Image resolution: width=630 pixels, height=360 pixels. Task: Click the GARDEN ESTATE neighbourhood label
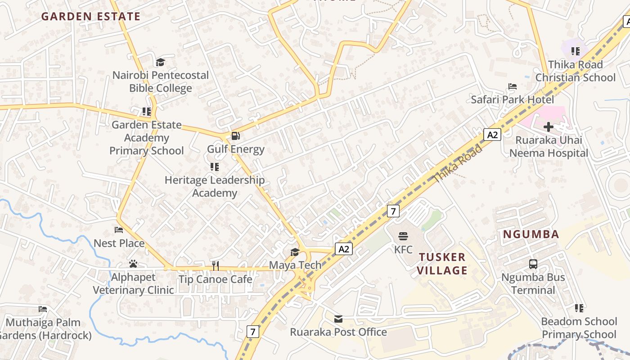coord(91,17)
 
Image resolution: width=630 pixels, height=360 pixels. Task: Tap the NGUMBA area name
coord(531,234)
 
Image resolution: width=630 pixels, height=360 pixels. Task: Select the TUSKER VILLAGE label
coord(443,264)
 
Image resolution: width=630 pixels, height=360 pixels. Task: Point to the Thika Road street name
coord(457,164)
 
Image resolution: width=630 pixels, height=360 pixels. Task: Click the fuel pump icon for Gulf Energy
coord(235,136)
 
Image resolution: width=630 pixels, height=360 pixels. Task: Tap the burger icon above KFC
coord(403,236)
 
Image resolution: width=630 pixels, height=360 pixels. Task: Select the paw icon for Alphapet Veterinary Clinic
coord(133,264)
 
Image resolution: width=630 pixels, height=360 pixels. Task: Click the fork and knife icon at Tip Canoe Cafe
coord(216,265)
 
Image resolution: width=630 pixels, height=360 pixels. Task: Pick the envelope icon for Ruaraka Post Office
coord(338,319)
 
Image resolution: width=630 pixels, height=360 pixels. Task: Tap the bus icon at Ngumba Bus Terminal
coord(533,264)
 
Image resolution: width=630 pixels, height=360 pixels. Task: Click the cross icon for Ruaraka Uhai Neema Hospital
coord(549,127)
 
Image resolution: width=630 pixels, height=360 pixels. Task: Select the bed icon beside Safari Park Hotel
coord(512,86)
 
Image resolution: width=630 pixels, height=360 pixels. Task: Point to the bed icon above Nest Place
coord(119,230)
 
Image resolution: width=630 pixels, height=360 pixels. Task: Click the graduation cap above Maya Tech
coord(295,252)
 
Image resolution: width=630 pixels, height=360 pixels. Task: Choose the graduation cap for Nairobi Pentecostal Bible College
coord(160,62)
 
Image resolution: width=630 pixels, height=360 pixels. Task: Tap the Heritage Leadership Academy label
coord(215,186)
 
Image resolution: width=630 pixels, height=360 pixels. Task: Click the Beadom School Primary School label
coord(579,328)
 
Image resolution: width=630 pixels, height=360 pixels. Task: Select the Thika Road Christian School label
coord(575,71)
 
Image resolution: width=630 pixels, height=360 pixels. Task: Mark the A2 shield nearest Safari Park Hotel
coord(492,135)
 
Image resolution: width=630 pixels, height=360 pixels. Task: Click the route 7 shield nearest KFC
coord(393,211)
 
